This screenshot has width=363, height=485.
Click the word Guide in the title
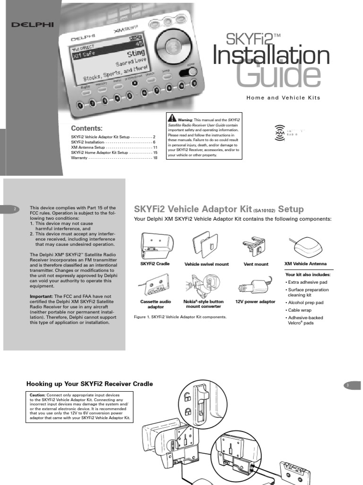click(275, 75)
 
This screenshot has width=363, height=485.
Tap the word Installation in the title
click(271, 56)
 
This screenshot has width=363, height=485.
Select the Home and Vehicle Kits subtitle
click(283, 98)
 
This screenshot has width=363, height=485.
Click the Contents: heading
click(86, 128)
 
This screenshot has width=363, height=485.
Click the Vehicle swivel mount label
click(206, 264)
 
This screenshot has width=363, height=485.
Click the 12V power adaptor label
click(255, 301)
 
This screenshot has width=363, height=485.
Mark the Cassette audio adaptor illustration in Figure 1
click(155, 286)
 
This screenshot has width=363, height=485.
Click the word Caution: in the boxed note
click(37, 395)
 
